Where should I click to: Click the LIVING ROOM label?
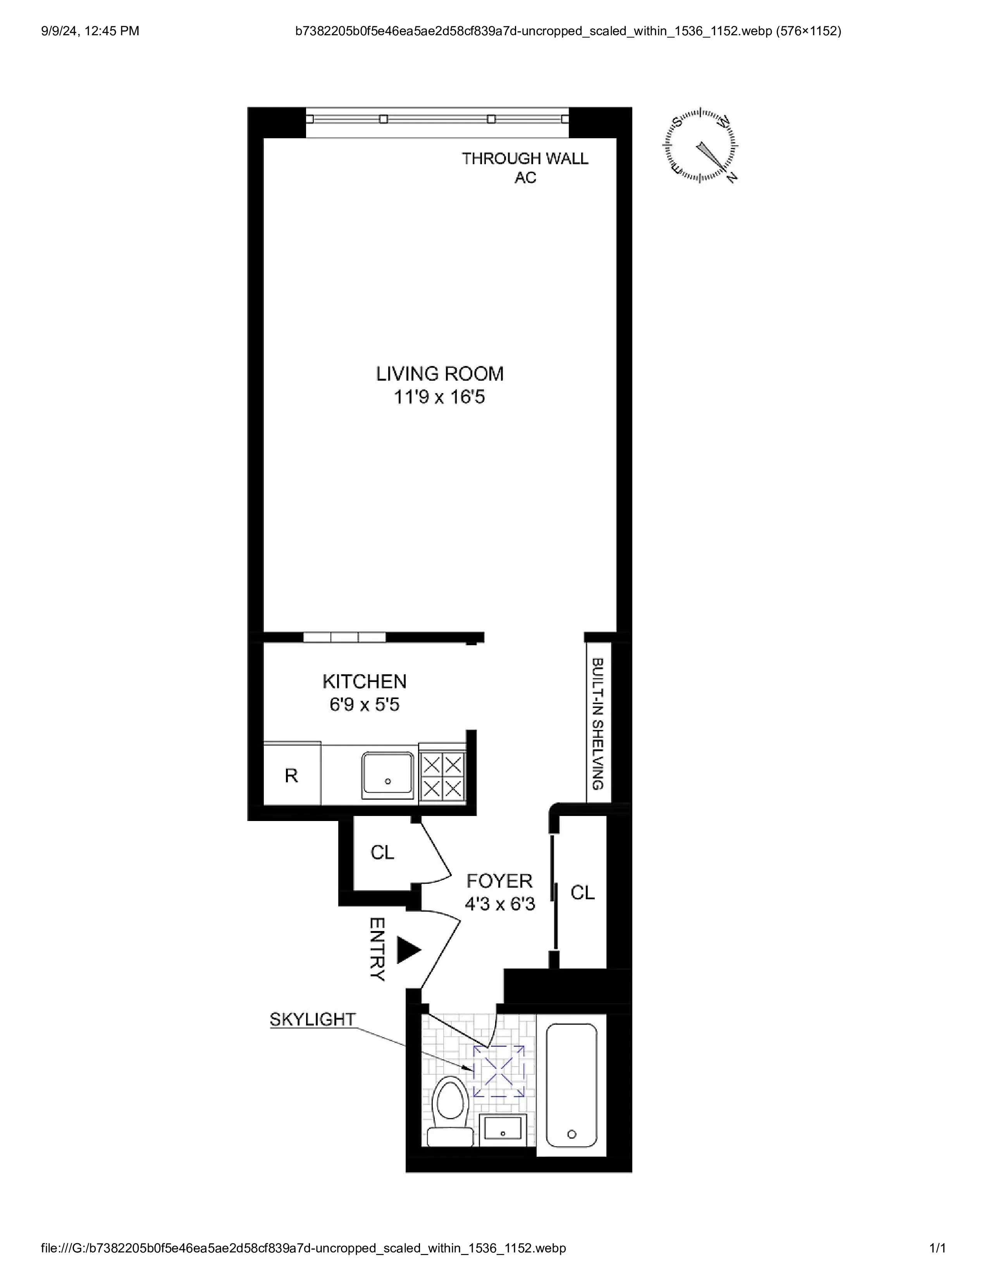click(440, 373)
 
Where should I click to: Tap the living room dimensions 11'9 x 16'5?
click(440, 397)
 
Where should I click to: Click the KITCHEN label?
click(364, 681)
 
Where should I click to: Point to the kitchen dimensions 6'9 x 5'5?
click(364, 704)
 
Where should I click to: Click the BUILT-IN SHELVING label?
click(597, 723)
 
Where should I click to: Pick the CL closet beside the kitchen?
click(382, 853)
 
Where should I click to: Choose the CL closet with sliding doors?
click(582, 892)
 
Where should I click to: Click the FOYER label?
click(499, 881)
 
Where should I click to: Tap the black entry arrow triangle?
click(408, 950)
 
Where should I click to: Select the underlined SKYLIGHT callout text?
click(313, 1019)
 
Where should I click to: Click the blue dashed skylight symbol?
click(499, 1072)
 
